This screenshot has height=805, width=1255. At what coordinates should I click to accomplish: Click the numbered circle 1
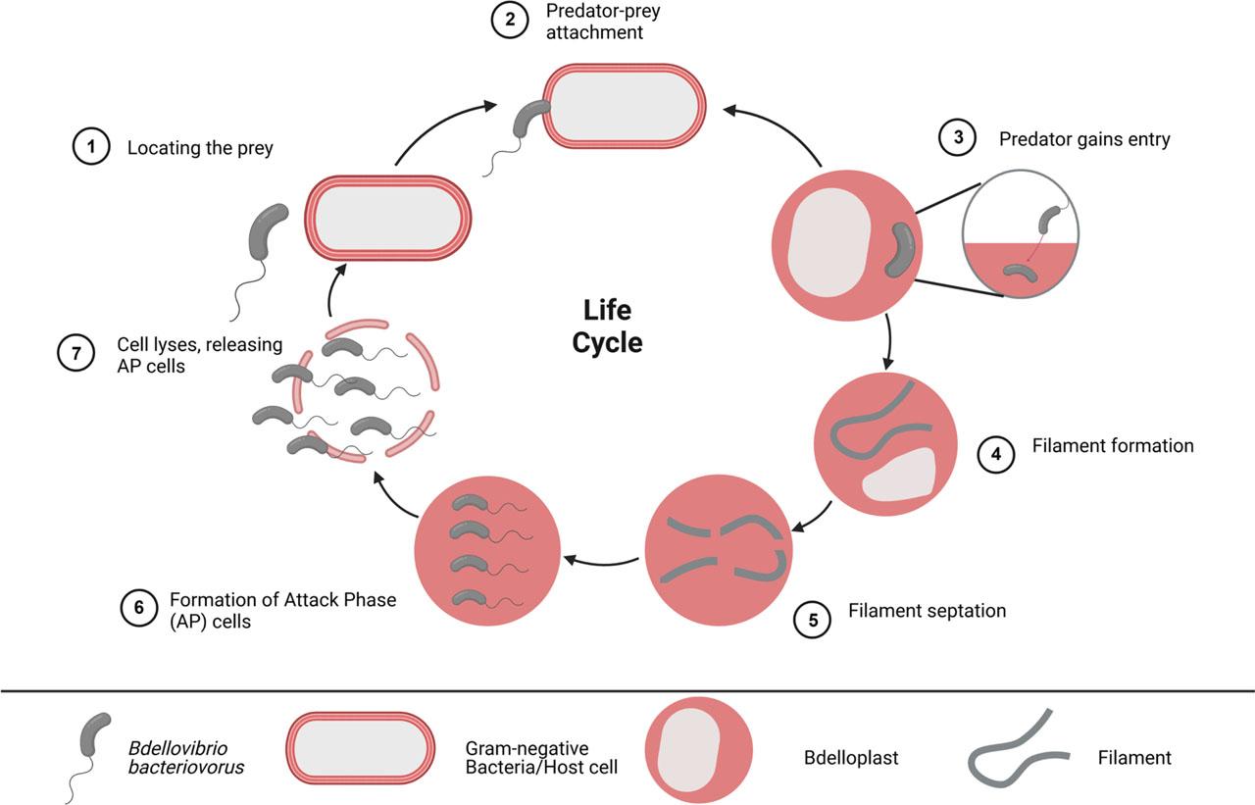(x=90, y=148)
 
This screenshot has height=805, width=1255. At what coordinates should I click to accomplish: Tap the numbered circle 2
(x=511, y=21)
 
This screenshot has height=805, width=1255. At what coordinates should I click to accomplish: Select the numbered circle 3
(x=959, y=138)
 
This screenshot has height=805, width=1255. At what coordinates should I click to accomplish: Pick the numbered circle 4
(x=995, y=455)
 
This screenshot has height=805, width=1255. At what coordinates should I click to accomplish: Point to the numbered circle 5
(x=811, y=620)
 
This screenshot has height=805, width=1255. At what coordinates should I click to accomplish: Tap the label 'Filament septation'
(x=927, y=611)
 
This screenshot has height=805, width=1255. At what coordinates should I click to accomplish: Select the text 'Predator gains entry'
(x=1084, y=139)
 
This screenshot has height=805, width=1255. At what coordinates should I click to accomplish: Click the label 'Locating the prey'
(x=200, y=149)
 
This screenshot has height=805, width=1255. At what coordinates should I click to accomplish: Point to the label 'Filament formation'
(x=1113, y=446)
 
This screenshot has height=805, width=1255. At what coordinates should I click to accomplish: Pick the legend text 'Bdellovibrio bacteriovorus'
(x=186, y=758)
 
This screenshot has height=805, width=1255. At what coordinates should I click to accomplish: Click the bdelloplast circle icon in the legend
(x=698, y=749)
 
